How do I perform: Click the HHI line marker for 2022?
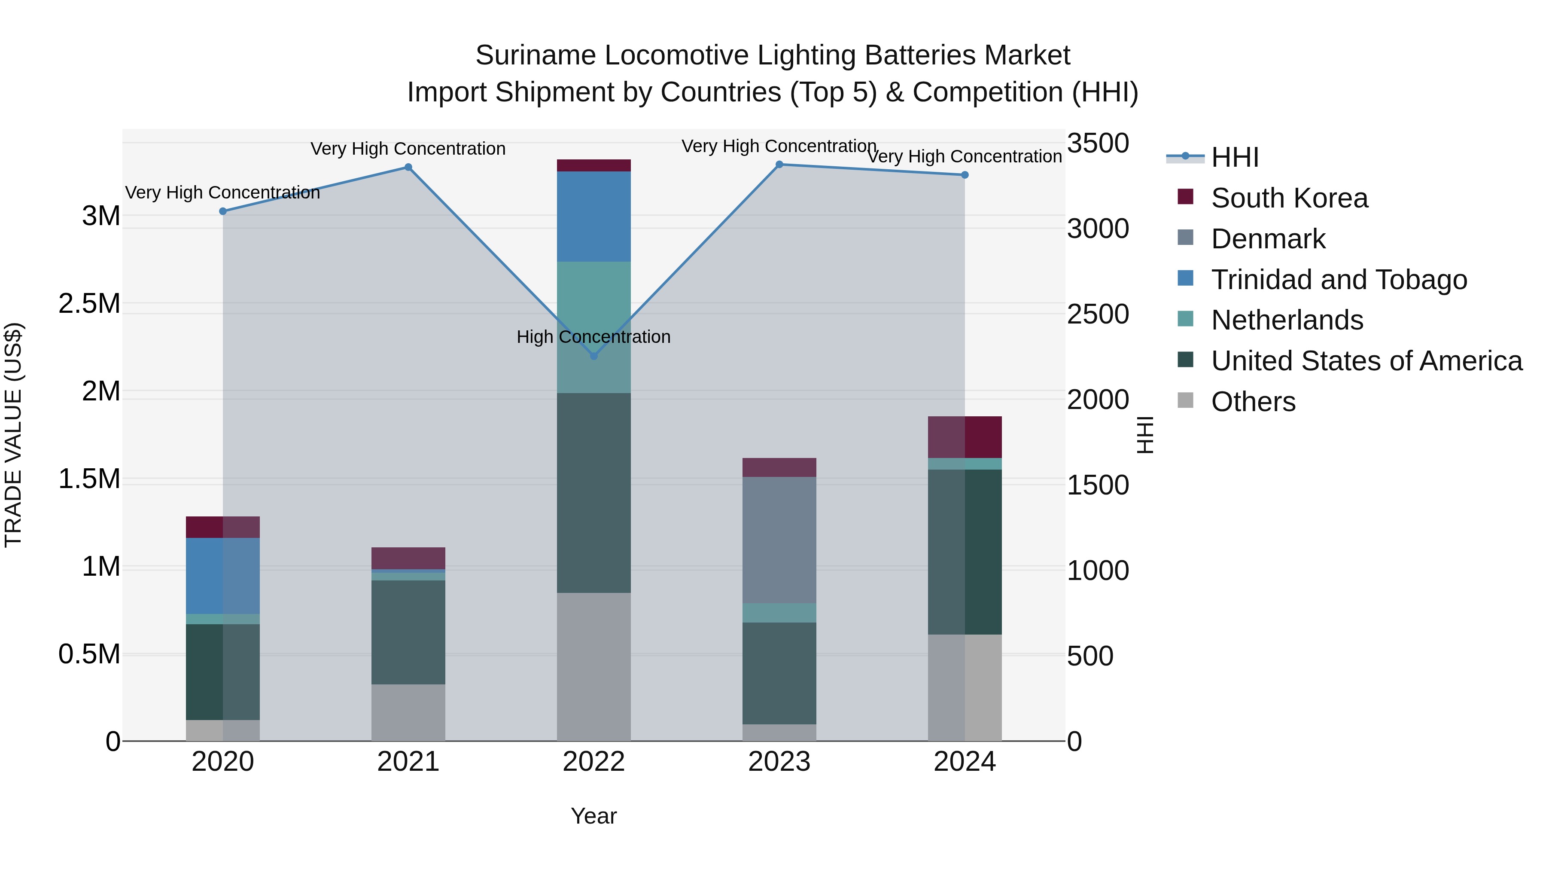click(593, 356)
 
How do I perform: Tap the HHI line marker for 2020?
click(222, 211)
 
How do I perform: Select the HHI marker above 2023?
click(779, 165)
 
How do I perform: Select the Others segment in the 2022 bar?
click(593, 666)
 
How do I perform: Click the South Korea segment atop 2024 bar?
click(965, 437)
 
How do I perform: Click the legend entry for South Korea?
click(1289, 198)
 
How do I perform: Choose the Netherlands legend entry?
click(1287, 320)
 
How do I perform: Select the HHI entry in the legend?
click(1235, 157)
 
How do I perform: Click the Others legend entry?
click(1253, 402)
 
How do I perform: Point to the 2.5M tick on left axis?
click(89, 304)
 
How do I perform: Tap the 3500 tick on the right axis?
click(1098, 143)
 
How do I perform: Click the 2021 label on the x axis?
click(408, 762)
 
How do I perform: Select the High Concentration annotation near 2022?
click(593, 337)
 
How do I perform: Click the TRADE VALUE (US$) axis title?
click(13, 435)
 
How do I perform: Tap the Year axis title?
click(593, 816)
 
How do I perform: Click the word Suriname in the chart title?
click(536, 55)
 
